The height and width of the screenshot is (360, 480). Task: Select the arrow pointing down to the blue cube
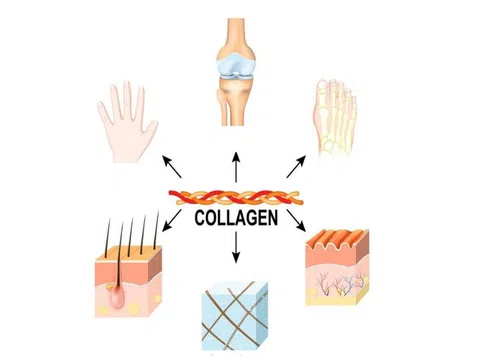coord(236,250)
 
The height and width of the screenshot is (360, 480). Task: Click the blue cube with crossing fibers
coord(237,314)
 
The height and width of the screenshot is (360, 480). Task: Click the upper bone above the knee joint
coord(236,30)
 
